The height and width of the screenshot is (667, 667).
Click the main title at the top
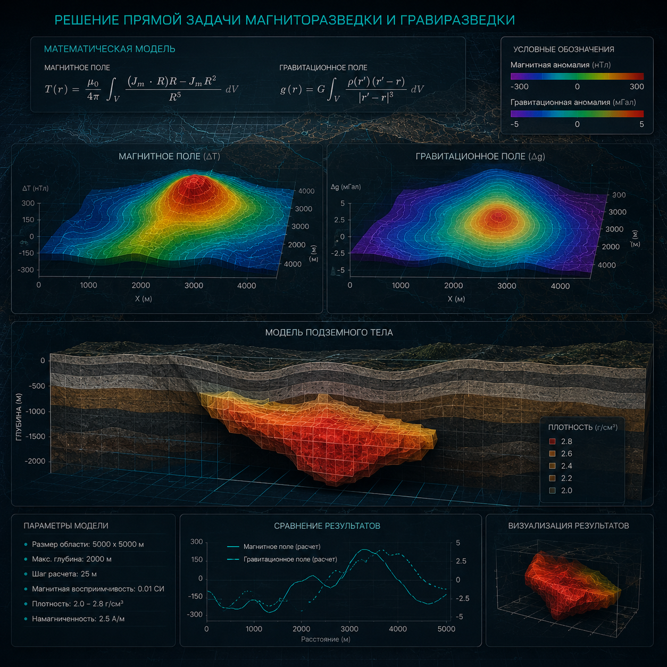tap(285, 20)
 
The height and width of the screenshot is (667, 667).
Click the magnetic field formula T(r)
tap(141, 89)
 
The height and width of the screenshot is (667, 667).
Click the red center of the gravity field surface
tap(498, 218)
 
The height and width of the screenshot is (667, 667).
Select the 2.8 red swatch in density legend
tap(552, 441)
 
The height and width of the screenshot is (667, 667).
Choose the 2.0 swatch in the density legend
tap(552, 490)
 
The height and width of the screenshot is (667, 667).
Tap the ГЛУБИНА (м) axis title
tap(19, 417)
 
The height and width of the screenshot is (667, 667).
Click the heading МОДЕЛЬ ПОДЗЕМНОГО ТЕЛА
tap(329, 332)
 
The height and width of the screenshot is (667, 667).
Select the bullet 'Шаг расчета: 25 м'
tap(64, 574)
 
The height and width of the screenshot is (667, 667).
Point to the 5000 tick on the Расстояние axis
tap(446, 629)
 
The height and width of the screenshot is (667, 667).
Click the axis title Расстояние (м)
tap(326, 639)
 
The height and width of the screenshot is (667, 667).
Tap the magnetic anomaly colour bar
tap(577, 76)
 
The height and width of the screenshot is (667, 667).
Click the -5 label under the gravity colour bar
tap(515, 124)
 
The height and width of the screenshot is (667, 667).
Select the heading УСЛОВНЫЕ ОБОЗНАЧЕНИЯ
tap(563, 49)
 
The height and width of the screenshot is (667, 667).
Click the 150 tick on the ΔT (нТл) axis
tap(28, 220)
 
